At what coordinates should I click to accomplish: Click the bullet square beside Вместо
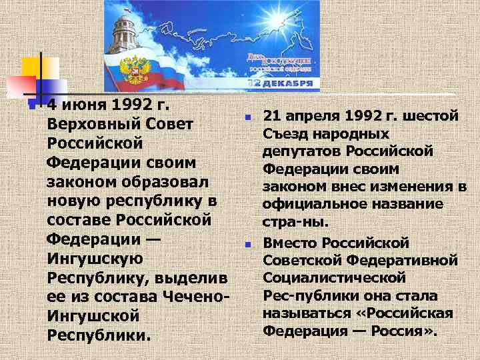[x=247, y=244]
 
